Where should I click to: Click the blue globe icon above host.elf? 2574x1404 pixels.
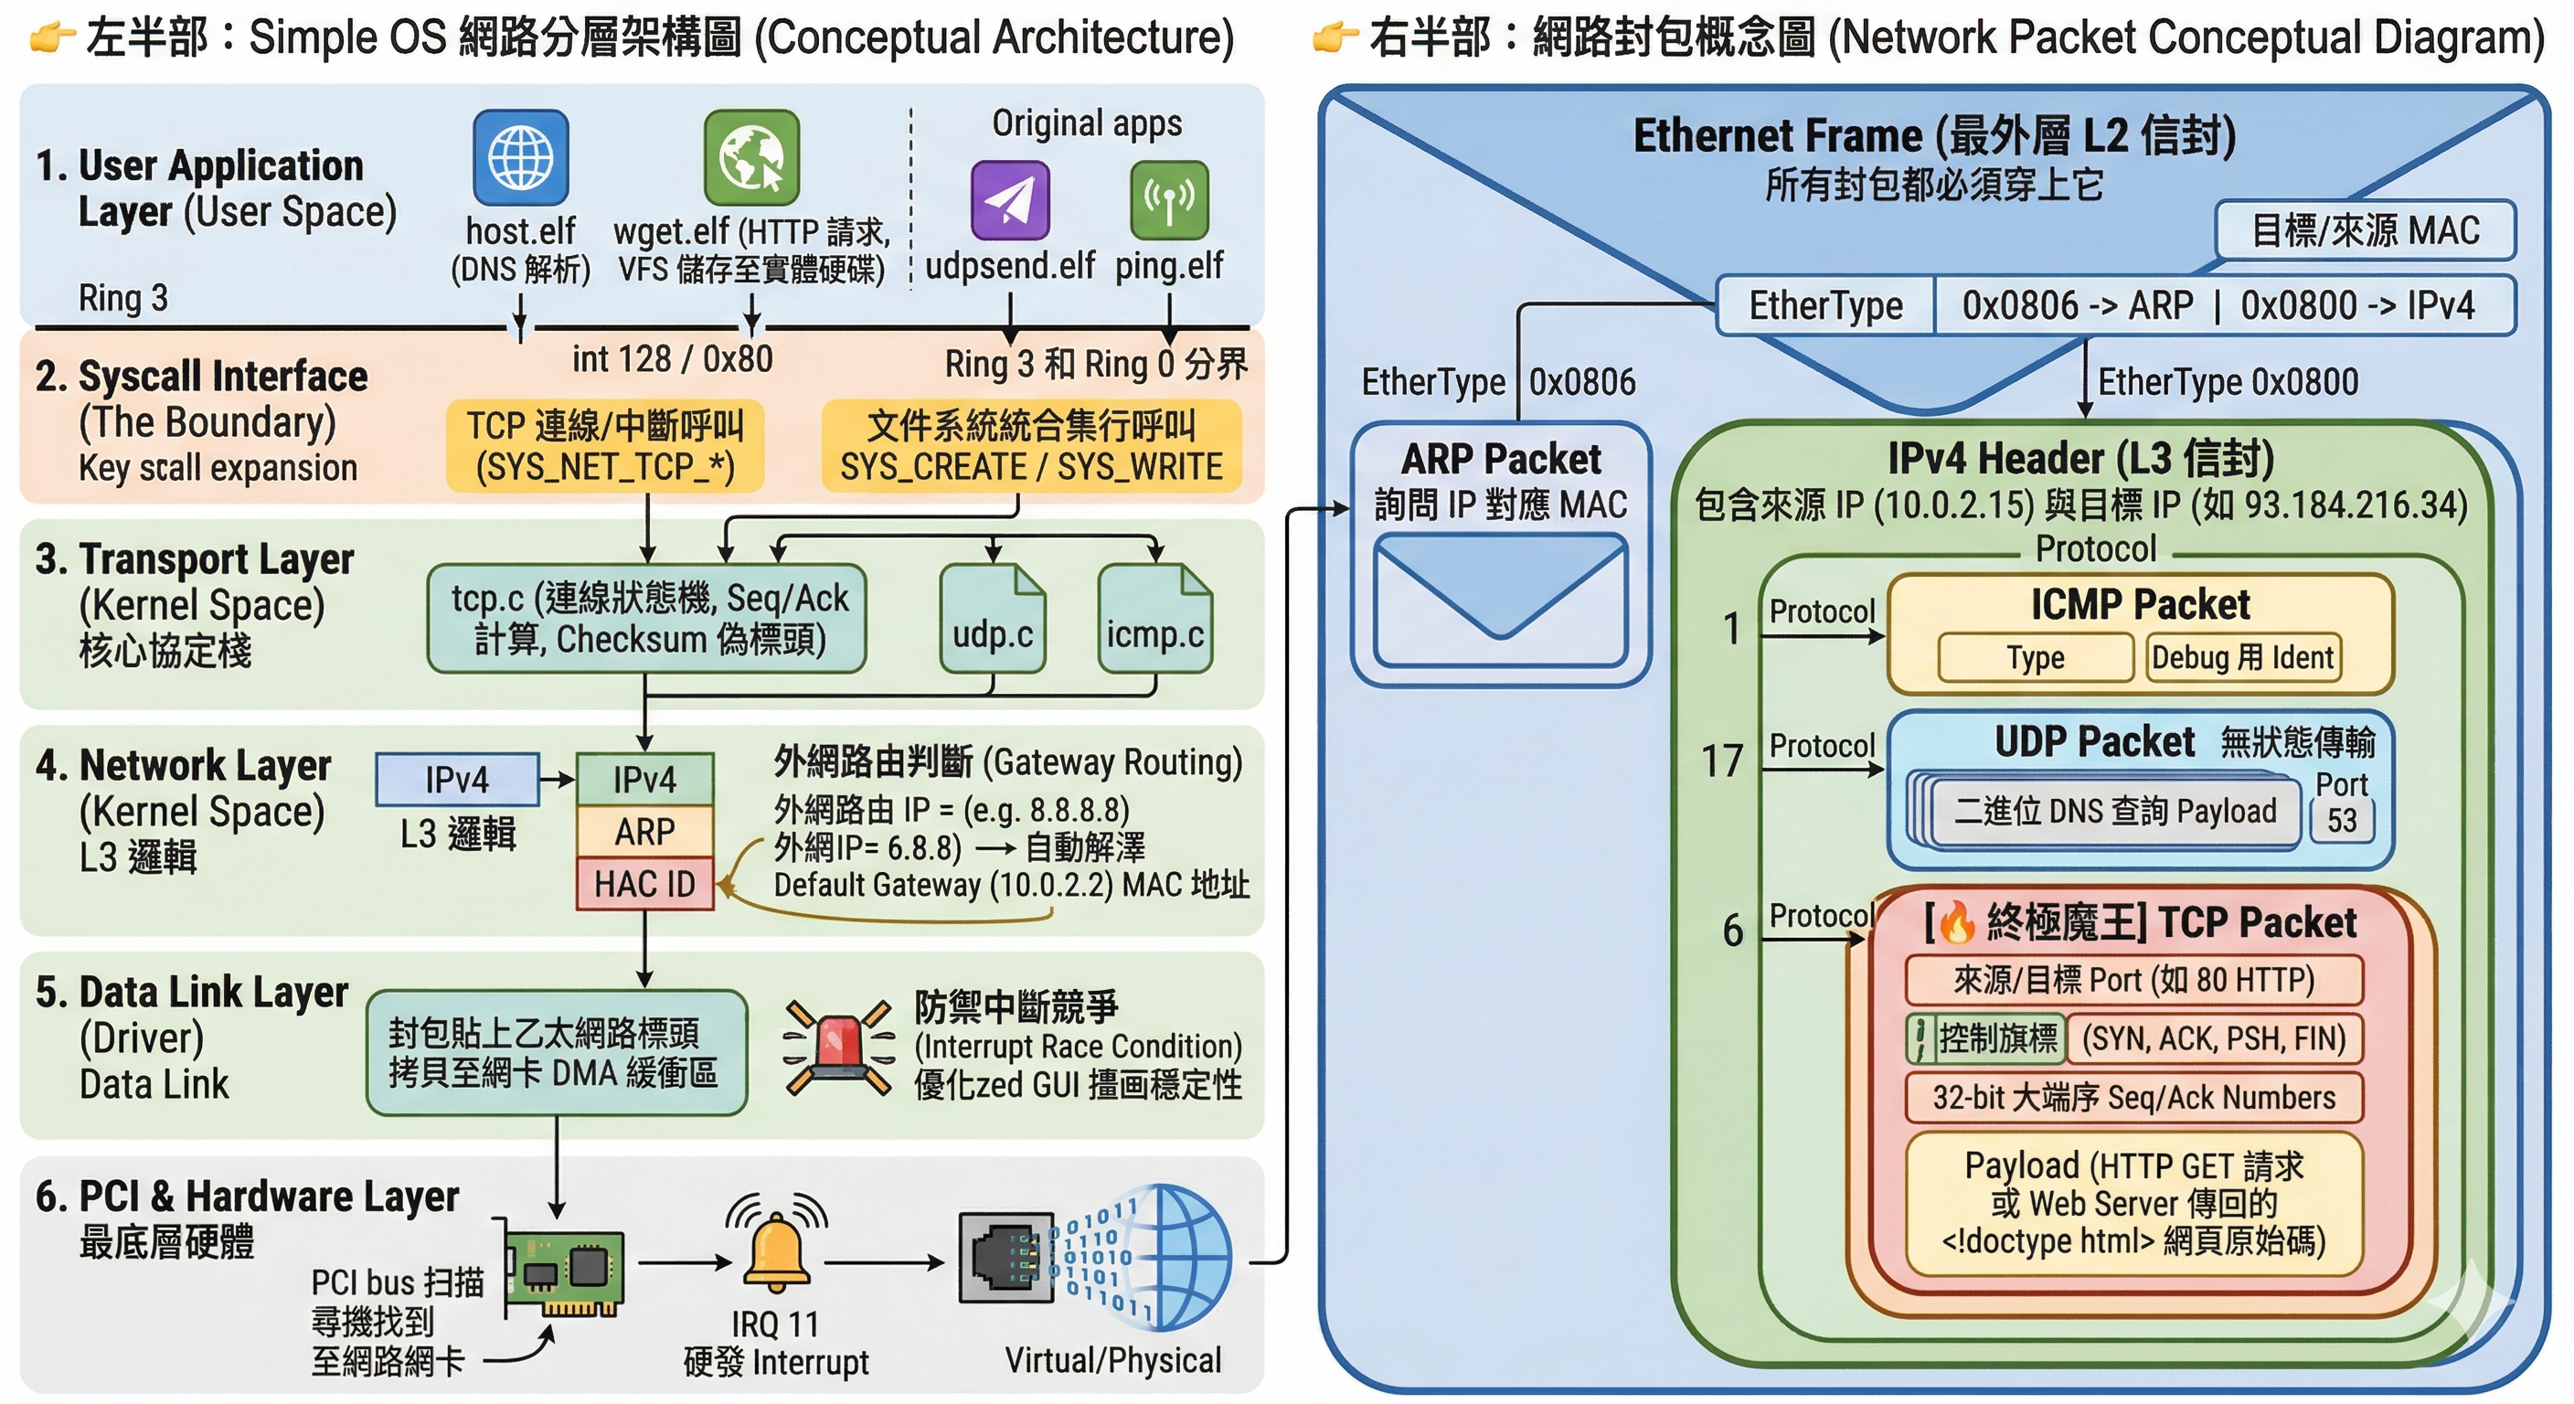521,158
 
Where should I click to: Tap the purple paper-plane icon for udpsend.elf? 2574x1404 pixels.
1010,200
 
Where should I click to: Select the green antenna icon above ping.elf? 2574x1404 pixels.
1169,200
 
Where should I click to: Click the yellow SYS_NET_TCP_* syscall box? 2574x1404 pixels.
604,446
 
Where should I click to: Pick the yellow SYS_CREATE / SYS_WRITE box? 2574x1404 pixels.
1031,446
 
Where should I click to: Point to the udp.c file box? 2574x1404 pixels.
993,620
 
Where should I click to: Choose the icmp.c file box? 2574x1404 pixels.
1155,620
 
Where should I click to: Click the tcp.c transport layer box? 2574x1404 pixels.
646,619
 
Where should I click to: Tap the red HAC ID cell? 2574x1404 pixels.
644,883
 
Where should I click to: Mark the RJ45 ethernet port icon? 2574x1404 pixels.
1006,1258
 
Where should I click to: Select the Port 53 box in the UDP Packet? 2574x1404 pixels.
2342,819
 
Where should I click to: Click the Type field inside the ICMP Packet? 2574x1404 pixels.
2036,657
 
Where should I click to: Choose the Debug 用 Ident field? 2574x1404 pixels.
2242,657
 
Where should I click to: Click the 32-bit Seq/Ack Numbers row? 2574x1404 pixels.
2133,1097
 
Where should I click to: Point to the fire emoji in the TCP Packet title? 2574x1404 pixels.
1956,922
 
